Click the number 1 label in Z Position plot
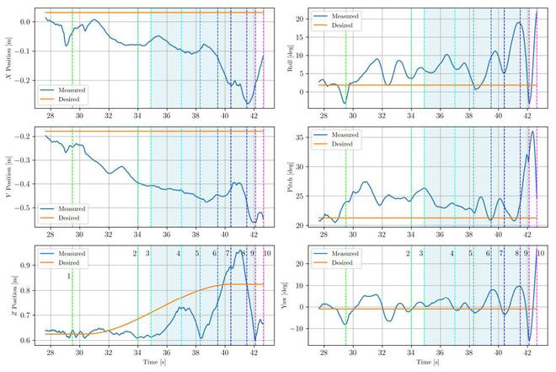tap(69, 276)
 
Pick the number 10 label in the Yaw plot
tap(540, 253)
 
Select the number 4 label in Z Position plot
tap(179, 253)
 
